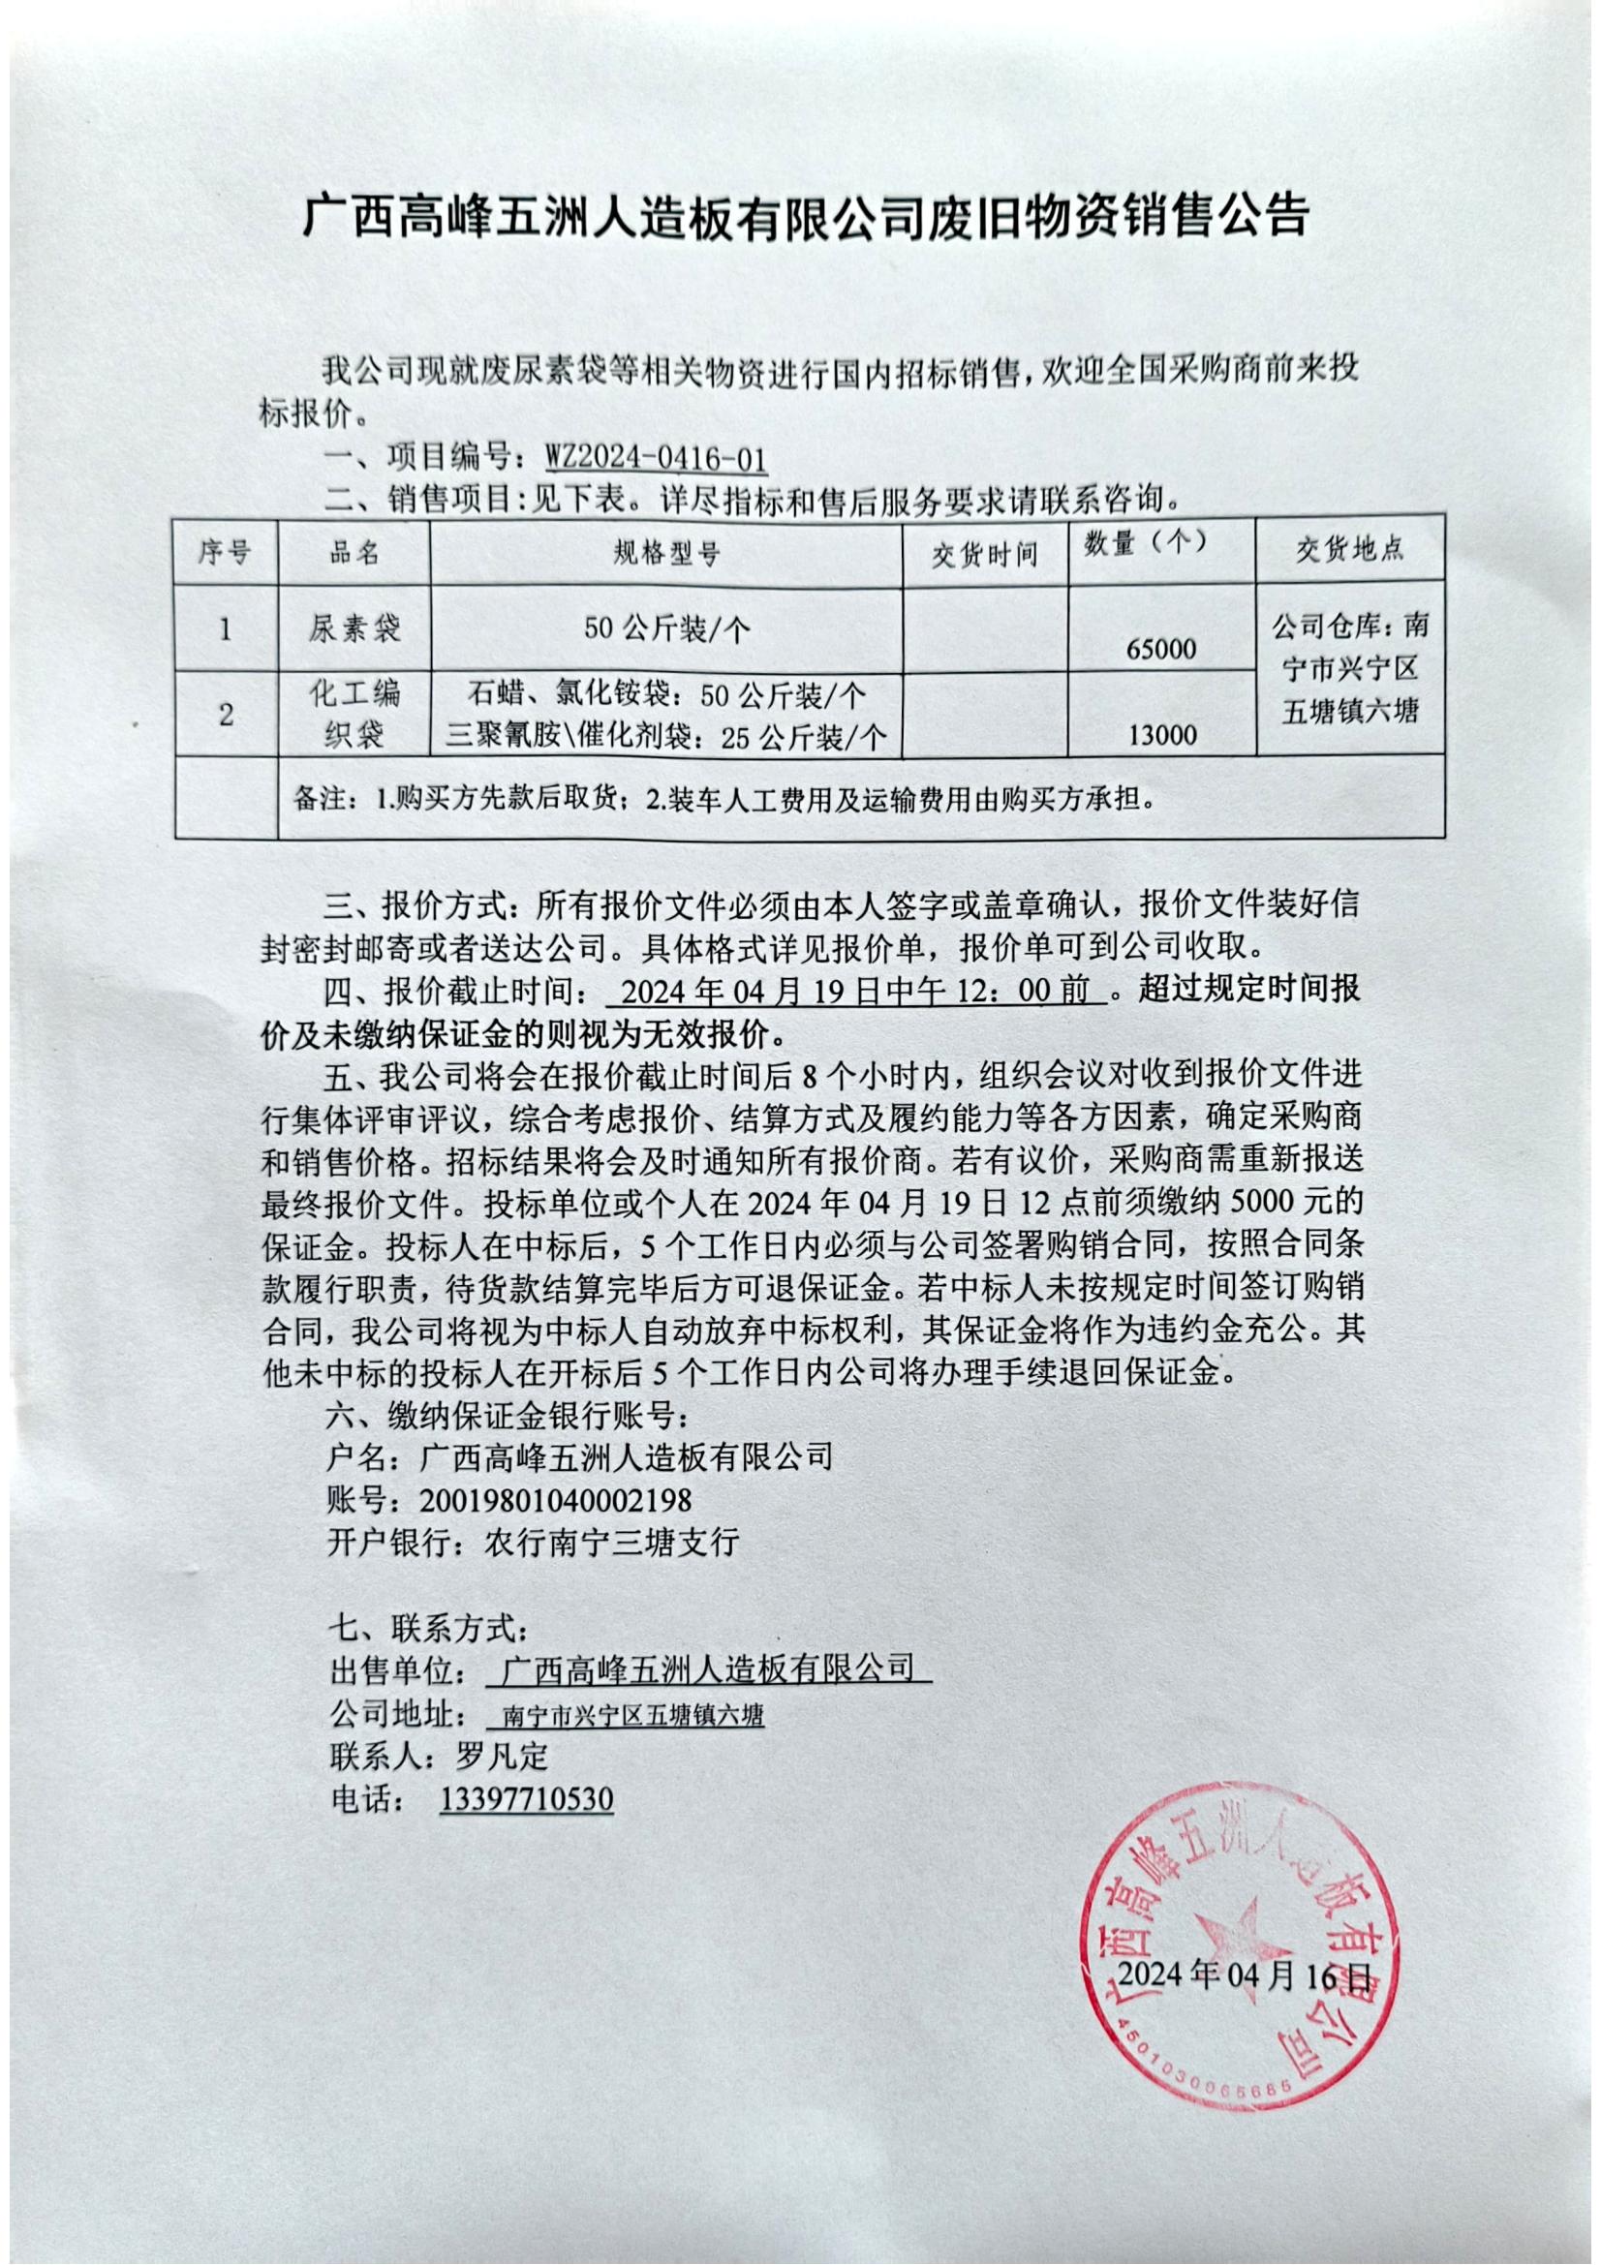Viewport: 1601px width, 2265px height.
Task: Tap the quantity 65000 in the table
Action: click(1160, 649)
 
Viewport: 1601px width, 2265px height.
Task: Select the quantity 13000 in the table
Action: click(1160, 735)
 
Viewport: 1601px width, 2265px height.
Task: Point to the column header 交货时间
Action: click(984, 554)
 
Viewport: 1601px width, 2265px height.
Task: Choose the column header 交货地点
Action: click(1348, 549)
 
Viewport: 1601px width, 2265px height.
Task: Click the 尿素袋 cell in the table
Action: click(354, 628)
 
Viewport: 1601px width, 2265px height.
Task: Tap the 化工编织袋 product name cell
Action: click(354, 713)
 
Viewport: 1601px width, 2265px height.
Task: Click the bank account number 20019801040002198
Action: click(555, 1500)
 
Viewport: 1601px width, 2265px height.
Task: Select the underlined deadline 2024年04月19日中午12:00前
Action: click(857, 992)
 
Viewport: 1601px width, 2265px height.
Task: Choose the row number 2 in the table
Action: click(226, 715)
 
